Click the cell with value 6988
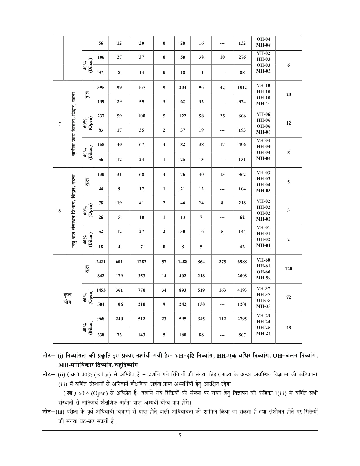(242, 262)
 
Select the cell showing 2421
(101, 262)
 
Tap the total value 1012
(242, 88)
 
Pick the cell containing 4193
(242, 290)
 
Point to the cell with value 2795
(242, 319)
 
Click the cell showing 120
(288, 269)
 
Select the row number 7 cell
(60, 124)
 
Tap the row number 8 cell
(60, 211)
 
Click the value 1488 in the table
(183, 262)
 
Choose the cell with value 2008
(242, 276)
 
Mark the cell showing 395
(101, 88)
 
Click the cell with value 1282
(141, 262)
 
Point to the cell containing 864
(201, 262)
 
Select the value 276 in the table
(242, 57)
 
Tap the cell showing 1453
(101, 290)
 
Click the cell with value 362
(242, 175)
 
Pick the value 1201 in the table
(242, 304)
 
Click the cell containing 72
(288, 297)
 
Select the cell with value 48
(288, 328)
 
